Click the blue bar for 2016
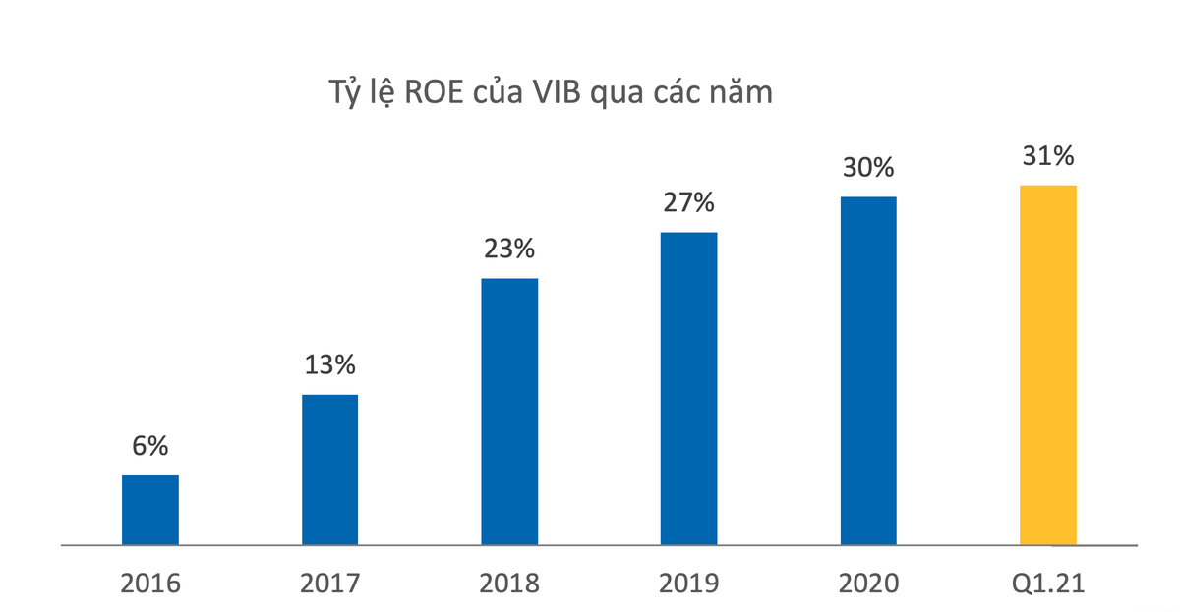[150, 510]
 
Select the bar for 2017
[329, 470]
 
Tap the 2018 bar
[509, 412]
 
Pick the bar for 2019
[688, 388]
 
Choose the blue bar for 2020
[868, 370]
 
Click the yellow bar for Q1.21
[1048, 364]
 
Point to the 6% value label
[150, 446]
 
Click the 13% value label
[329, 365]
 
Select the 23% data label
[509, 250]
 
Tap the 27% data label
[688, 203]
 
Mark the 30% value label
[868, 168]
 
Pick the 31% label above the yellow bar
[1048, 155]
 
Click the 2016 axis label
[150, 584]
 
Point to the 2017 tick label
[329, 584]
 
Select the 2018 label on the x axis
[509, 584]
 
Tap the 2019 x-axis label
[688, 584]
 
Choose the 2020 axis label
[868, 584]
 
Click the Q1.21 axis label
[1048, 584]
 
